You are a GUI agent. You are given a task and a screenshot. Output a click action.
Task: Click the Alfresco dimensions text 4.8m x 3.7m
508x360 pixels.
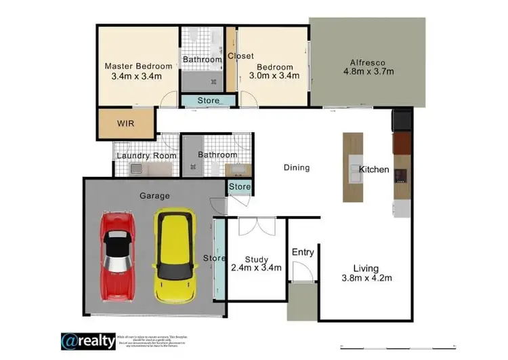pyautogui.click(x=368, y=71)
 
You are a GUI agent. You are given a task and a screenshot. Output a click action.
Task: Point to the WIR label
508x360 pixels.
pyautogui.click(x=126, y=124)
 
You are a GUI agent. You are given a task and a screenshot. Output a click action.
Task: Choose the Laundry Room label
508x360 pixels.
pyautogui.click(x=146, y=156)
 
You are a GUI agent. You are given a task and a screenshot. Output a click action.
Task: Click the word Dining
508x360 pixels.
pyautogui.click(x=296, y=167)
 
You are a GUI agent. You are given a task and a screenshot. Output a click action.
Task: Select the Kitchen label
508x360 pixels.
pyautogui.click(x=374, y=169)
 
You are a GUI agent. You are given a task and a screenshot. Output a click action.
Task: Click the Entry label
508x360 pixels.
pyautogui.click(x=303, y=252)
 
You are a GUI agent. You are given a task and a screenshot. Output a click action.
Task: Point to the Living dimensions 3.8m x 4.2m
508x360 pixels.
pyautogui.click(x=366, y=277)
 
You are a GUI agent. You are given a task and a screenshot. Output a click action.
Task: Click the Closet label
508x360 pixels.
pyautogui.click(x=240, y=56)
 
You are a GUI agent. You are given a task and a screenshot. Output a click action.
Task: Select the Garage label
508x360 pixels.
pyautogui.click(x=154, y=195)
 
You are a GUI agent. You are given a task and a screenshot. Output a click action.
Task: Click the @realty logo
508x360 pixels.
pyautogui.click(x=89, y=340)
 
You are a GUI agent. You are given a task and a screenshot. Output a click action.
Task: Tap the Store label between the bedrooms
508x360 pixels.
pyautogui.click(x=208, y=101)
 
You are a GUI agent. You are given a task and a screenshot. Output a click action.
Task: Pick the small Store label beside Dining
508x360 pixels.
pyautogui.click(x=240, y=186)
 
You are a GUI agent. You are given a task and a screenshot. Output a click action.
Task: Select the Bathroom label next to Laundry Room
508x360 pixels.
pyautogui.click(x=217, y=155)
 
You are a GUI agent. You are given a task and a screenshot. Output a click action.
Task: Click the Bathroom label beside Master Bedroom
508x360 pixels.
pyautogui.click(x=203, y=60)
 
